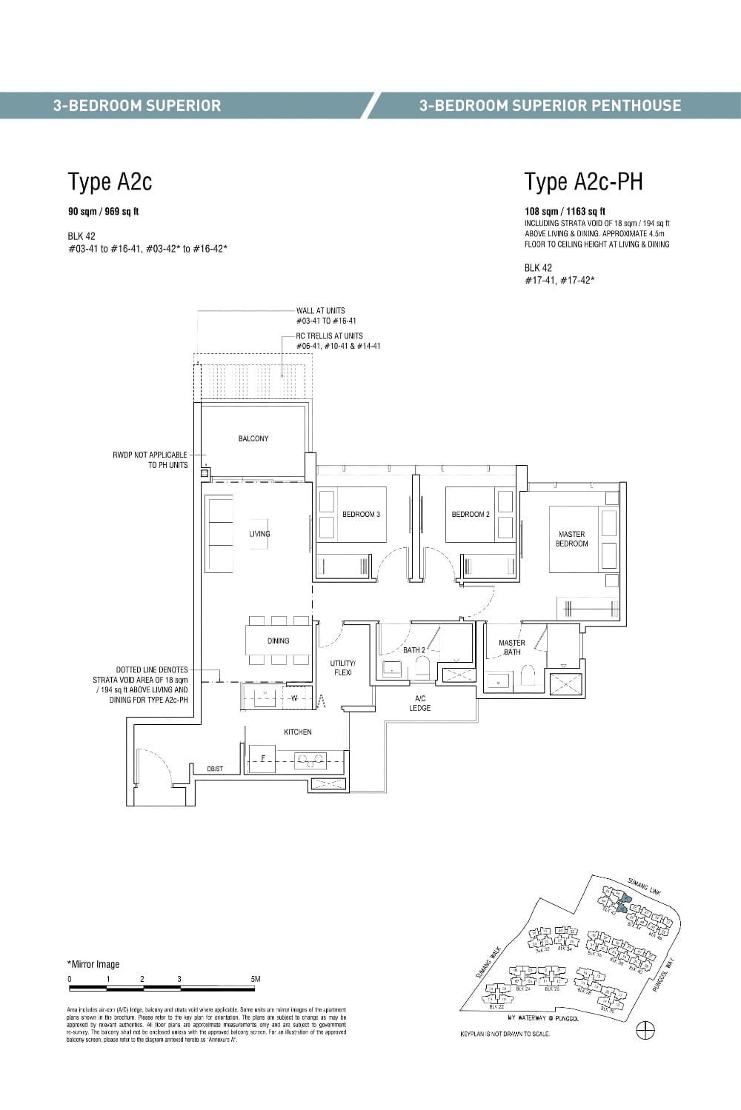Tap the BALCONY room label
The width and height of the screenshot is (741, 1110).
(253, 439)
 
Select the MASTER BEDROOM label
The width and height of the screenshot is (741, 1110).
(571, 539)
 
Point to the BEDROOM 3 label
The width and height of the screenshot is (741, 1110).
(361, 514)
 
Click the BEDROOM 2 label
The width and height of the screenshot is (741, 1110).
(471, 514)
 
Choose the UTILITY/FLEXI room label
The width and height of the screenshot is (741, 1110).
(343, 667)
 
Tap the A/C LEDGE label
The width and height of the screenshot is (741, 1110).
(419, 703)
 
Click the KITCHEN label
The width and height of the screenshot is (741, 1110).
(298, 732)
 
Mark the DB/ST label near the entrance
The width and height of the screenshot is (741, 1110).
(215, 769)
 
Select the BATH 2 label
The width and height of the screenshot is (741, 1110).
(414, 650)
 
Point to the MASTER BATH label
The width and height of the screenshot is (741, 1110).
(512, 647)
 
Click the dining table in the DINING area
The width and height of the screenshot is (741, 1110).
(278, 641)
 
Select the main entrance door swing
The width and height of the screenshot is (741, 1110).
(156, 766)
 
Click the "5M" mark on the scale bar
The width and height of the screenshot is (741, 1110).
(256, 979)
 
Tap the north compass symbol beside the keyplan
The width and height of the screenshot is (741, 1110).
(645, 1030)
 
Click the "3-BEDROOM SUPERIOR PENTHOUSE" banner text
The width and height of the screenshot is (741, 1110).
(550, 105)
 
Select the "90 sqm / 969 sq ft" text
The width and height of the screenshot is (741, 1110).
(104, 212)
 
